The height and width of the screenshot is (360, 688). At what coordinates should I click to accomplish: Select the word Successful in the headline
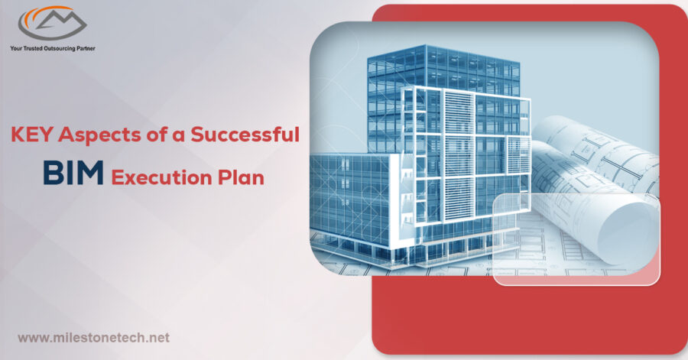click(245, 135)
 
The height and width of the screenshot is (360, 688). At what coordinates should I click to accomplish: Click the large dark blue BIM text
click(73, 172)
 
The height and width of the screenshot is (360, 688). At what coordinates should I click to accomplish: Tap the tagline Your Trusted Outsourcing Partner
click(53, 48)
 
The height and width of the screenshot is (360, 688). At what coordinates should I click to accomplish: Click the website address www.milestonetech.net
click(93, 338)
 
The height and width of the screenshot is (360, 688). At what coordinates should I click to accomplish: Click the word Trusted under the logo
click(32, 48)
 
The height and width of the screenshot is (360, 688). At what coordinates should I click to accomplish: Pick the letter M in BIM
click(89, 172)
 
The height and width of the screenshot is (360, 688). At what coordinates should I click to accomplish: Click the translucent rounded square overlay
click(576, 239)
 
